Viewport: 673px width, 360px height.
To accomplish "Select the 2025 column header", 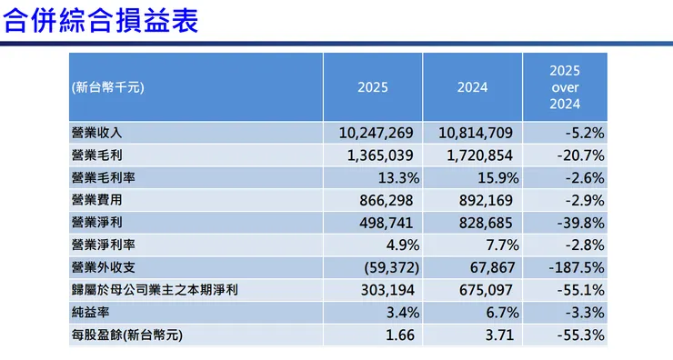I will coord(373,87).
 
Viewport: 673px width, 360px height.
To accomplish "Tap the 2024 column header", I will coord(473,87).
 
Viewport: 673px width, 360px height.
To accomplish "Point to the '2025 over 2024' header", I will coord(565,87).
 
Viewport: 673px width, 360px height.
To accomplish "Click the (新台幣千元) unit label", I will coord(107,87).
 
